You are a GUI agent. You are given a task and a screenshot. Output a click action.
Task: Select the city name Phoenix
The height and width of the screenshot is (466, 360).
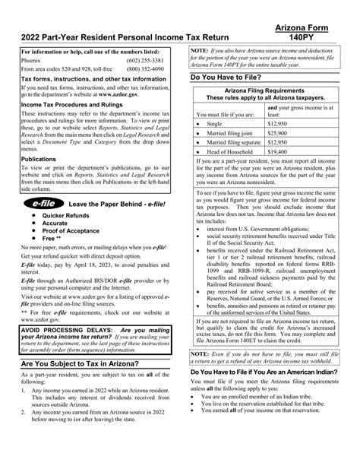tap(31, 61)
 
